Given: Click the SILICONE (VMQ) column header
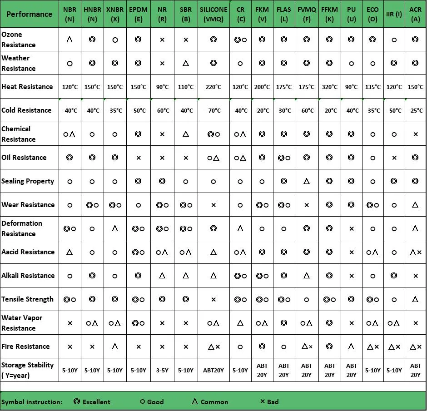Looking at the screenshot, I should (x=213, y=14).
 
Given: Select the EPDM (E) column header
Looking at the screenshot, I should (x=139, y=14).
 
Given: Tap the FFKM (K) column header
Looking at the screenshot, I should (x=330, y=14).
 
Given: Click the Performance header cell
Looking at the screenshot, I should (x=30, y=14).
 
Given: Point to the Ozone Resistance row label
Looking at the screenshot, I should (x=19, y=40).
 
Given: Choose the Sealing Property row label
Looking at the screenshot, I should (x=28, y=181).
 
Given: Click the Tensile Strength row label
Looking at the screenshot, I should (x=27, y=299).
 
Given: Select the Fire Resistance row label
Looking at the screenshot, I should (x=25, y=347).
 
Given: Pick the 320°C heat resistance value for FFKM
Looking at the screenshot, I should (x=330, y=87).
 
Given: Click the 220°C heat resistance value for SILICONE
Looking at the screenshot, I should (x=213, y=87).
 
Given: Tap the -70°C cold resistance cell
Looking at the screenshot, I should (x=213, y=110).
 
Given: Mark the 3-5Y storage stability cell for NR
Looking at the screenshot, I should (x=162, y=370).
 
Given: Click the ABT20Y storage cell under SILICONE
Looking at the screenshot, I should (x=213, y=370).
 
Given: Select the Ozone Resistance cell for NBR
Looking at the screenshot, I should (x=70, y=40).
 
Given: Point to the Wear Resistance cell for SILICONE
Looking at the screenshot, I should (x=213, y=205).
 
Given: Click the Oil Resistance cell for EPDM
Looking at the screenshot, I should (x=139, y=158).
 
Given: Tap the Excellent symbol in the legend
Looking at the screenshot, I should (x=77, y=401).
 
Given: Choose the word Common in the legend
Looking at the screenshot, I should (x=214, y=402).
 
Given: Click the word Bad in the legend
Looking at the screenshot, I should (x=273, y=401).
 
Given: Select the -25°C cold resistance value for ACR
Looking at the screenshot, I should (x=416, y=110).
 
